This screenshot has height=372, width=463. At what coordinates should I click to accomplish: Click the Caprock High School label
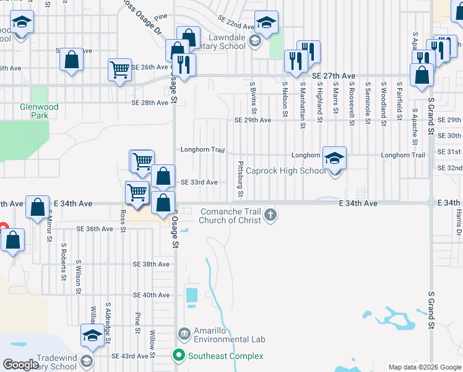[x=285, y=170]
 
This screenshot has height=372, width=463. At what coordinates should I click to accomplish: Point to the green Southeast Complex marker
[x=179, y=356]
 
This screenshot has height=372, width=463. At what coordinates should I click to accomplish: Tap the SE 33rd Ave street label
[x=199, y=182]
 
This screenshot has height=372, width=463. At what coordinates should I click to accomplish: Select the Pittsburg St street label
[x=240, y=174]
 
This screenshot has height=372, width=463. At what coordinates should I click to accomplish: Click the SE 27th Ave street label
[x=335, y=75]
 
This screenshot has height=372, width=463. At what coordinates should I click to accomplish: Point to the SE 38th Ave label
[x=151, y=264]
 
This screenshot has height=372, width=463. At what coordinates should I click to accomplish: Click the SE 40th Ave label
[x=151, y=295]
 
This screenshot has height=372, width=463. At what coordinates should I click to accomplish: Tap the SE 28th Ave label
[x=150, y=102]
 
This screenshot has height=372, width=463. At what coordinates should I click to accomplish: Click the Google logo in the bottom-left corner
[x=20, y=365]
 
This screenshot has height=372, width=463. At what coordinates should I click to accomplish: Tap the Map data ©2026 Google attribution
[x=424, y=367]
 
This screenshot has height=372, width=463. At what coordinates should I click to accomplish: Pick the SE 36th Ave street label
[x=95, y=229]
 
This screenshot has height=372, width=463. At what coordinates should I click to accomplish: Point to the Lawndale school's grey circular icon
[x=254, y=42]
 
